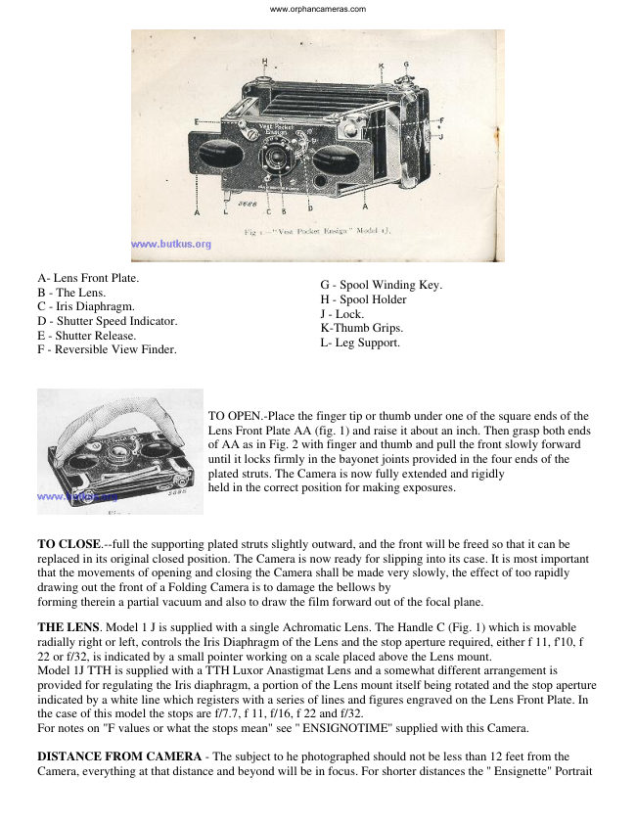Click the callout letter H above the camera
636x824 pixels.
point(264,61)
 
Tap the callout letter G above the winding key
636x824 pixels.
point(406,65)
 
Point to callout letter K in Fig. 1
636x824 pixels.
point(382,67)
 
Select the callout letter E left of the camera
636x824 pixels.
point(197,122)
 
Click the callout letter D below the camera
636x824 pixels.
point(310,208)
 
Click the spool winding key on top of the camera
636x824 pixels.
point(405,80)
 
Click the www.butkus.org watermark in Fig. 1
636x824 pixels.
point(171,244)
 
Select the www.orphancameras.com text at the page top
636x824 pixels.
point(318,9)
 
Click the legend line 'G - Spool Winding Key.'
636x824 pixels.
point(382,285)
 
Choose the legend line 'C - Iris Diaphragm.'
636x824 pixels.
point(86,306)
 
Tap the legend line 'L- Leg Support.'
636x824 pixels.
point(360,343)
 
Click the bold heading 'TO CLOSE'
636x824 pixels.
point(68,544)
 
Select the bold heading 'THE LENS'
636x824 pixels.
point(68,627)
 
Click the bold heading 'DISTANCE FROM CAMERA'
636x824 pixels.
point(119,756)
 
